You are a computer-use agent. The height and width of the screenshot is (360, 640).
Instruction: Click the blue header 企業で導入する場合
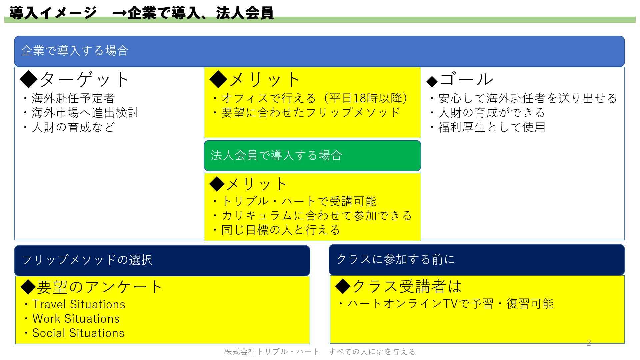(319, 51)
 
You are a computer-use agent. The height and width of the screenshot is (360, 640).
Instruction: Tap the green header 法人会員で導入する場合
(312, 156)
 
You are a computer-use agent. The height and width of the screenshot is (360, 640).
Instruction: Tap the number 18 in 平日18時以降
(360, 98)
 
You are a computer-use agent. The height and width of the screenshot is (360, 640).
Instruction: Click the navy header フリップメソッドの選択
(162, 260)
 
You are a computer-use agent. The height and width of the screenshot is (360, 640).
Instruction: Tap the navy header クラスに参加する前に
(477, 260)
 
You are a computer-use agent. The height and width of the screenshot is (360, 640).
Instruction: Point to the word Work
(47, 319)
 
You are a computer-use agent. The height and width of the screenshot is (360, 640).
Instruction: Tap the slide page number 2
(589, 343)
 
